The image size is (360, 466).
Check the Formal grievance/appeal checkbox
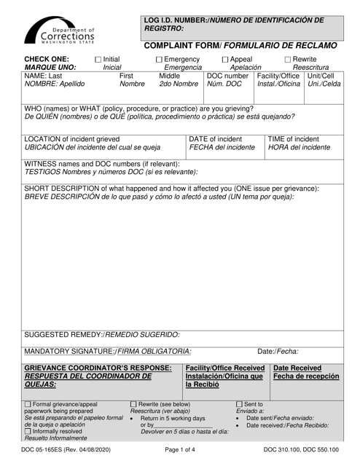28,404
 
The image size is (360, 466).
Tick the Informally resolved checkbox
28,432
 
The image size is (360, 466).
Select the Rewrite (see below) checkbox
133,404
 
